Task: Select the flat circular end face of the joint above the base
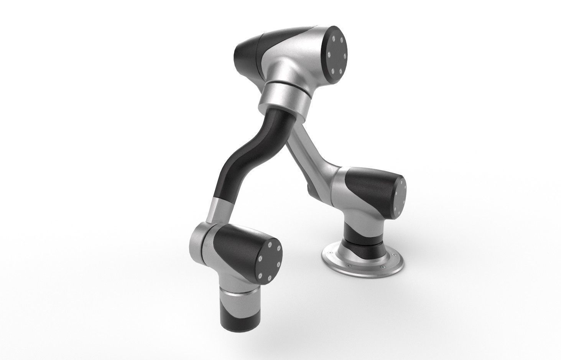pyautogui.click(x=400, y=196)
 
